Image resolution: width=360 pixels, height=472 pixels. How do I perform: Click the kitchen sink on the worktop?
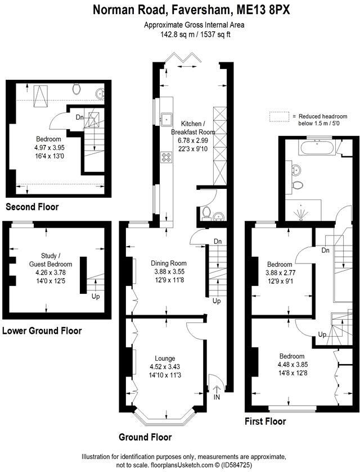(166, 119)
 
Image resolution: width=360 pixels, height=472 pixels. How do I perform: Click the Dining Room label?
(168, 263)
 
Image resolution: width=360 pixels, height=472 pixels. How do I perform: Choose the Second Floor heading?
(32, 207)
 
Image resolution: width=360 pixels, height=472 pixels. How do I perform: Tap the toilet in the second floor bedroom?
(77, 88)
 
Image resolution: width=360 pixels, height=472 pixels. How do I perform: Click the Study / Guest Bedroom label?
(51, 260)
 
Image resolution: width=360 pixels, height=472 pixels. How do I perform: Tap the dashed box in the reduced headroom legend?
(278, 116)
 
